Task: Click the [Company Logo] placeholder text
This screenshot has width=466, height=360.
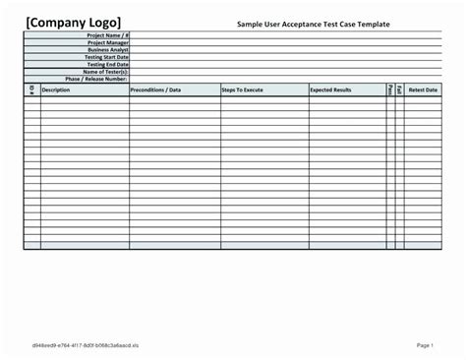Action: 74,22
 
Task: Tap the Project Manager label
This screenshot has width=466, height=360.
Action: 107,41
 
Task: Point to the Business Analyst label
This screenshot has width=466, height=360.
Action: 107,49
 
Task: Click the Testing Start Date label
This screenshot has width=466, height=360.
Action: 106,57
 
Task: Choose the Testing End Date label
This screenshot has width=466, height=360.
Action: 107,64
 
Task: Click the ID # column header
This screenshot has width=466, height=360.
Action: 31,90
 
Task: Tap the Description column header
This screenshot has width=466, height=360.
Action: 56,90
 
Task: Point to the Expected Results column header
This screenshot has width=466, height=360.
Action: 330,90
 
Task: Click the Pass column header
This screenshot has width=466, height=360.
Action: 390,90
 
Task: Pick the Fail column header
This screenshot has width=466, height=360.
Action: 400,90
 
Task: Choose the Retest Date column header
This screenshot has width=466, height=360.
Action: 423,90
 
